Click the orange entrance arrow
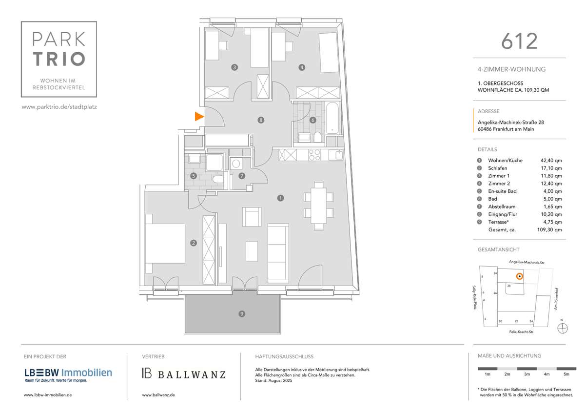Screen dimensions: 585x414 coord(199,116)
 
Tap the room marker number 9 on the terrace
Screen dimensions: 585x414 coord(241,314)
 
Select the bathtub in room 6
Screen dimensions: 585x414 coord(333,118)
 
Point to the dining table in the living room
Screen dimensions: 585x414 coord(319,205)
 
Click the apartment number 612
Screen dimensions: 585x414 coord(519,41)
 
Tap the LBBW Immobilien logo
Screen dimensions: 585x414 coord(68,373)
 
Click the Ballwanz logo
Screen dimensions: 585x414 coord(184,374)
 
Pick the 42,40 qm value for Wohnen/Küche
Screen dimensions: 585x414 coord(551,160)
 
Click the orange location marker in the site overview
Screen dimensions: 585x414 coord(520,277)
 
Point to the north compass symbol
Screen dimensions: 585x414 coord(562,329)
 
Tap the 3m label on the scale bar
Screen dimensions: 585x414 coord(526,374)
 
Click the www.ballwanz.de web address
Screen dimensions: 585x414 coord(158,394)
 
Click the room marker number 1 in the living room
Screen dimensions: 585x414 coord(280,198)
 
